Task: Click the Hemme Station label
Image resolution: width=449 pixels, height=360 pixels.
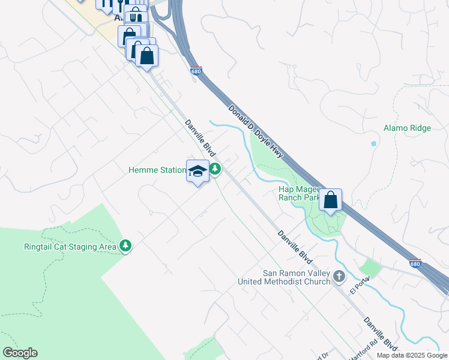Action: (157, 170)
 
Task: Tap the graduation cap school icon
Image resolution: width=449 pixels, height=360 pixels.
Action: (198, 171)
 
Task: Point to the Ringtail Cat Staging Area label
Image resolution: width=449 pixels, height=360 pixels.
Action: (70, 247)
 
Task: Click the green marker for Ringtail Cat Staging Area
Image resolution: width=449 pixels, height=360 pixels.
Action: (125, 246)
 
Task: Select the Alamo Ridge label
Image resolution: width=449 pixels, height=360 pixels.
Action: (407, 128)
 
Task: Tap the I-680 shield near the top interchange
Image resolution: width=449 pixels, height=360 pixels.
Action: (196, 71)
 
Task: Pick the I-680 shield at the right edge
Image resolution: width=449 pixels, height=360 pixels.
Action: (415, 263)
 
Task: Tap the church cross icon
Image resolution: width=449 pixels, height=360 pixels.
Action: (339, 276)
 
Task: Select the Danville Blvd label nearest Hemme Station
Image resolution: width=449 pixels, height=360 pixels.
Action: (200, 138)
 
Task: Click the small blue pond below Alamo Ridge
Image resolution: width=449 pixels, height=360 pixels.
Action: (374, 144)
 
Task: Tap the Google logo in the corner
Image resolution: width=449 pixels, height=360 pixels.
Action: (20, 353)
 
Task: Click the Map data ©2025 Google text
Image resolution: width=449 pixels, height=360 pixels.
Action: (412, 355)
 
